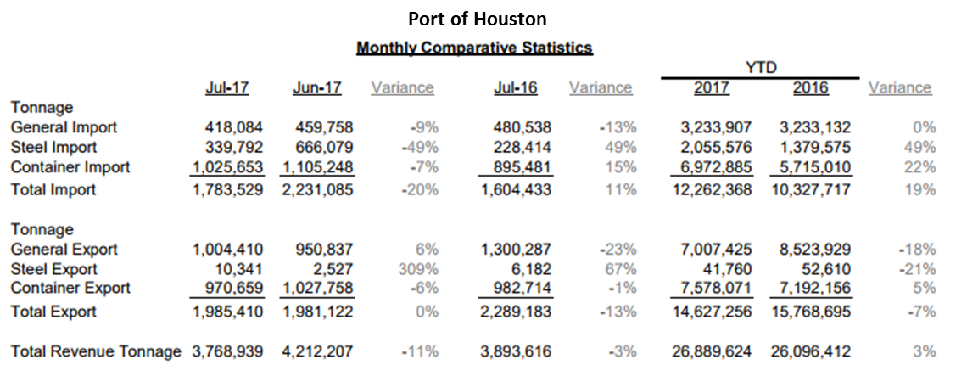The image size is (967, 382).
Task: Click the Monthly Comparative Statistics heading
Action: (474, 48)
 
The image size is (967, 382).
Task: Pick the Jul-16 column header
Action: (515, 87)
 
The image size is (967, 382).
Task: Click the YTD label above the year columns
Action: (761, 68)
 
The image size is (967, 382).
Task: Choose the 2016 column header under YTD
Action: (810, 87)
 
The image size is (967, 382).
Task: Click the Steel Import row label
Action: (54, 148)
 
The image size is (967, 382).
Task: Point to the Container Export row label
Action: (70, 288)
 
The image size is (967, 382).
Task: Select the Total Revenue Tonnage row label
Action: (96, 351)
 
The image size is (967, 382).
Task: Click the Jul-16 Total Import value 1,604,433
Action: (516, 189)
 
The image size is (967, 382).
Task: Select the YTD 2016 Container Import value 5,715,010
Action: (815, 167)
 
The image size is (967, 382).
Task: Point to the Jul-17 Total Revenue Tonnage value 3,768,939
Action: (226, 351)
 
